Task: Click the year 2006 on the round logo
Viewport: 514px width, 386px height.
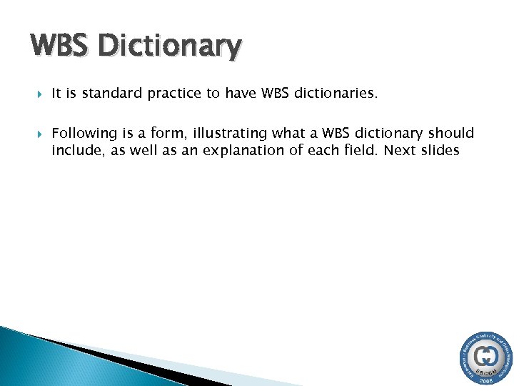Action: (x=487, y=380)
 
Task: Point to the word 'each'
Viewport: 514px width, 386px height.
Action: (x=316, y=150)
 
